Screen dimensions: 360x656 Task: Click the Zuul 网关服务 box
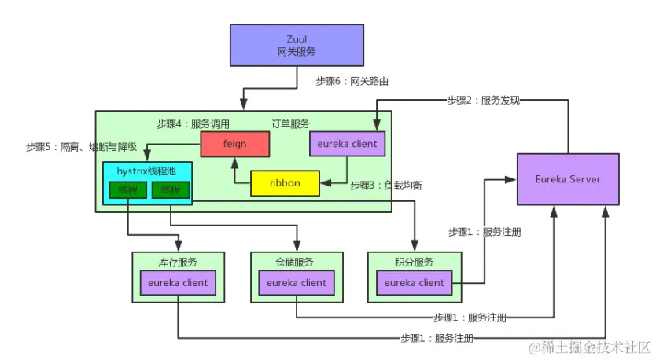coord(297,45)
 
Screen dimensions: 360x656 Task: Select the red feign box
coord(234,144)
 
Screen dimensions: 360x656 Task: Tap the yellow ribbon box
coord(286,183)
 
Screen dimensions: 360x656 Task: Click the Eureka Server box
coord(567,179)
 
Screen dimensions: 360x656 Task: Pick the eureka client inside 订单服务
coord(348,144)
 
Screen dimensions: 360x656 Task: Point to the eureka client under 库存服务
coord(178,283)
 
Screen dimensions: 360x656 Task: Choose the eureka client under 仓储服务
coord(297,283)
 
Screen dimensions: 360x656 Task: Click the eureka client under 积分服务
coord(415,283)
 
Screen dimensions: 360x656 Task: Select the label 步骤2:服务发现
coord(484,100)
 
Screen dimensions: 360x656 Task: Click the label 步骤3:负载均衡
coord(386,186)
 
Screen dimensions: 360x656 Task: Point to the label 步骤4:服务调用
coord(193,124)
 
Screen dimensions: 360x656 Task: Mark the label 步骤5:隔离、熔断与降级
coord(81,147)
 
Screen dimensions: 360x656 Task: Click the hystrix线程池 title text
coord(147,171)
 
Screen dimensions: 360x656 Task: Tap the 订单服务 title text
coord(291,124)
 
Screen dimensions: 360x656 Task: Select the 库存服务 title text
coord(178,262)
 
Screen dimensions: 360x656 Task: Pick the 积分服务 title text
coord(415,262)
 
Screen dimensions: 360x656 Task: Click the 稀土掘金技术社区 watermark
coord(590,347)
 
